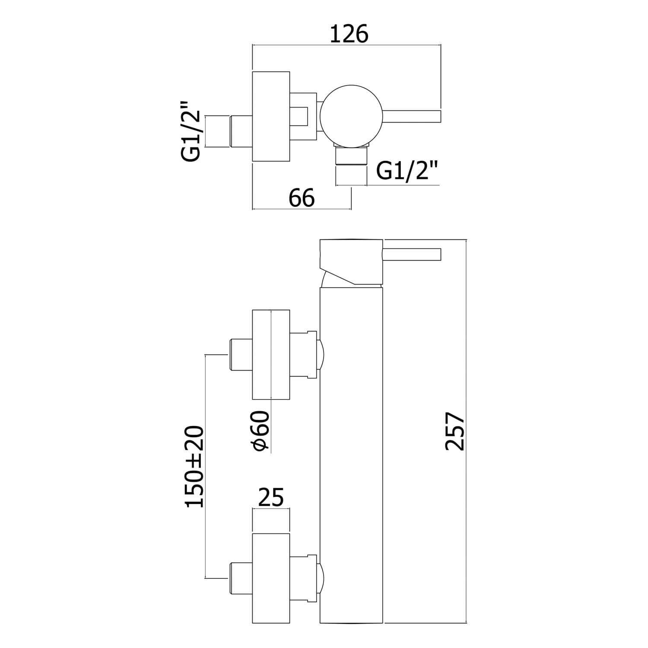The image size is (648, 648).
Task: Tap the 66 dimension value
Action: tap(302, 198)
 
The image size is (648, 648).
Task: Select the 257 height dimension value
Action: tap(454, 431)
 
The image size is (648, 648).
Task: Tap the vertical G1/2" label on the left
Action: tap(191, 130)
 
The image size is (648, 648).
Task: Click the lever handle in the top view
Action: tap(411, 117)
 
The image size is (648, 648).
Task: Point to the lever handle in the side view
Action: tap(411, 254)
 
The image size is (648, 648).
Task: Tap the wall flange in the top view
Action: tap(271, 117)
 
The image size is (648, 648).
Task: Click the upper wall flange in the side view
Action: tap(271, 355)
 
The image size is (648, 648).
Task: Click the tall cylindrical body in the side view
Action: tap(351, 454)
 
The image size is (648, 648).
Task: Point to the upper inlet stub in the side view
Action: tap(240, 355)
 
